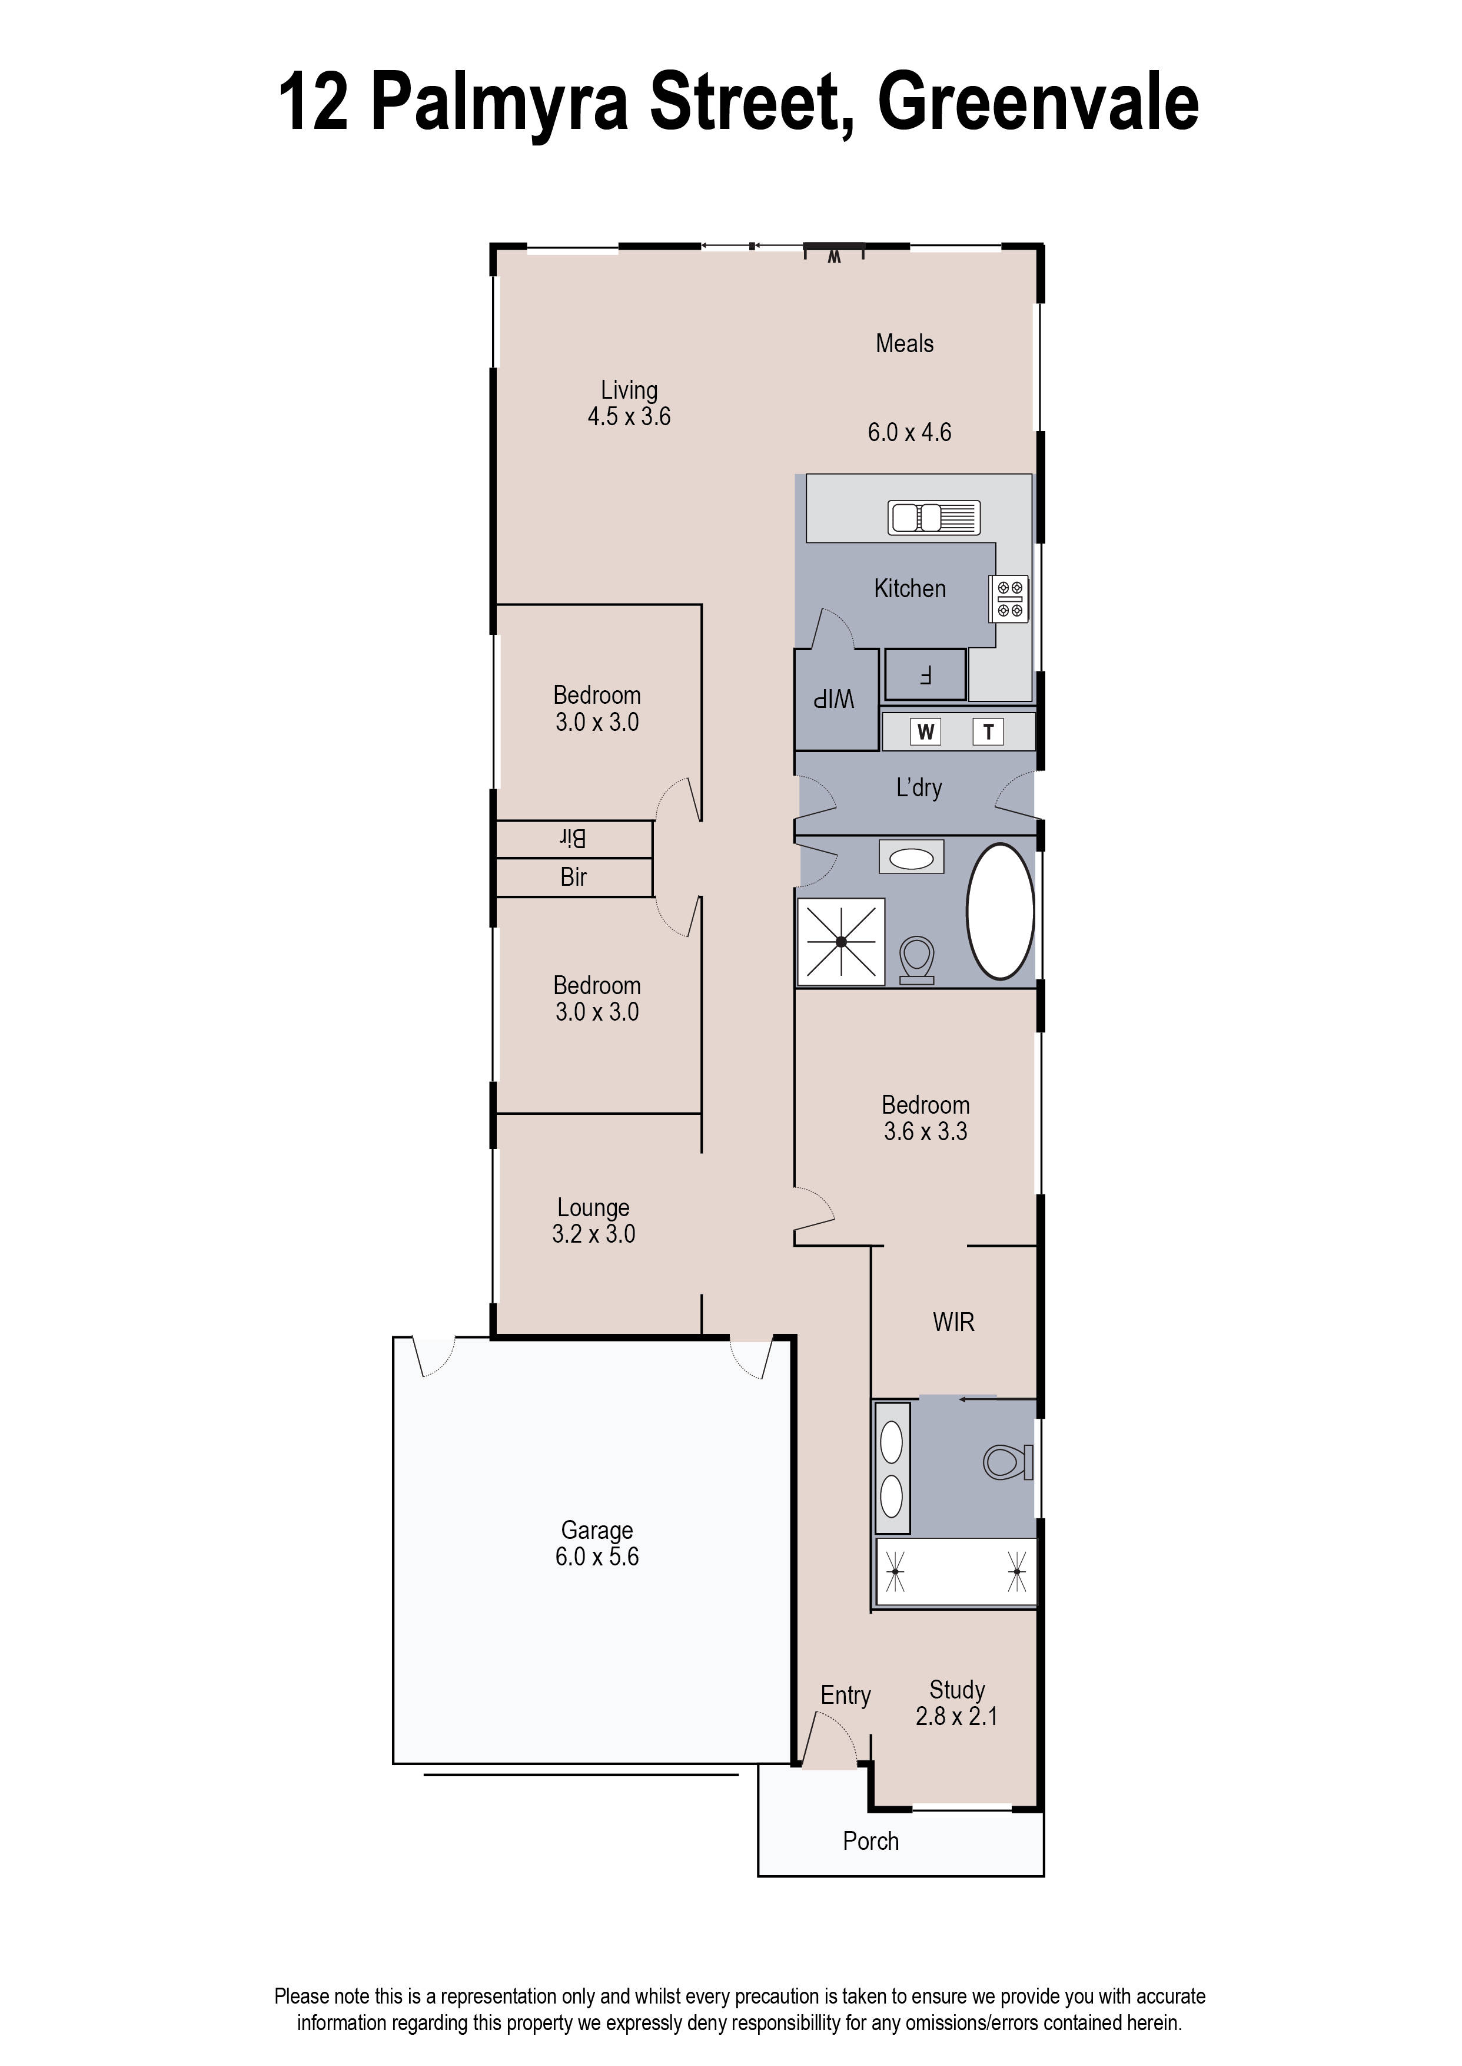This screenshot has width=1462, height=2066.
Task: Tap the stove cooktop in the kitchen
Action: click(1009, 599)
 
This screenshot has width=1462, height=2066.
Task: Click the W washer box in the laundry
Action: click(925, 731)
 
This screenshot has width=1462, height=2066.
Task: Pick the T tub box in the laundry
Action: click(988, 731)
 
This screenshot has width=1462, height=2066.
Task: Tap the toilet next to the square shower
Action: click(916, 960)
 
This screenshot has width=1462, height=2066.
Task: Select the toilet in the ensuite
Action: click(1006, 1462)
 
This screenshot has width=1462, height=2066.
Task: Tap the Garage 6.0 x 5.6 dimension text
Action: click(597, 1557)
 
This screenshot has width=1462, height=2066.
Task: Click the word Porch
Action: click(870, 1841)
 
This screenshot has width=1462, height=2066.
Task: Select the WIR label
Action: click(953, 1322)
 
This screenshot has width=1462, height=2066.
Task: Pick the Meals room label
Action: click(904, 343)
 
